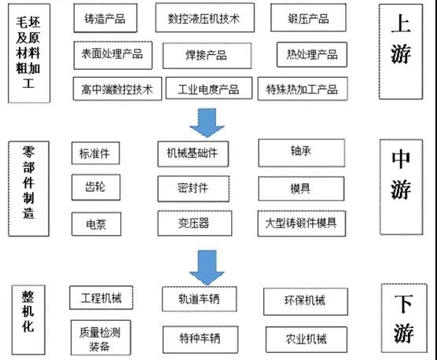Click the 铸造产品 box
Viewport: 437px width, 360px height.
coord(105,18)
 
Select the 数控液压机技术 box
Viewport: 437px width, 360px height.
coord(205,17)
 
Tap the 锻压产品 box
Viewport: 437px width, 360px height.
coord(309,17)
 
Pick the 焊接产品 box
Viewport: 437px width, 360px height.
coord(207,56)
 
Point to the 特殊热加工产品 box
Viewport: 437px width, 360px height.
coord(303,89)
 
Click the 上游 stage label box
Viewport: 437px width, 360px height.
coord(401,52)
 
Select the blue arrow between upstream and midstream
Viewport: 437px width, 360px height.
coord(207,123)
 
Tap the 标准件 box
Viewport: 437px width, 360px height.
coord(96,153)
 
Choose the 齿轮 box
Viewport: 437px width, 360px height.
coord(96,187)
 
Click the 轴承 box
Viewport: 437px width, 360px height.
coord(302,153)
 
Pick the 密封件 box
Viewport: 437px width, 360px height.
coord(193,189)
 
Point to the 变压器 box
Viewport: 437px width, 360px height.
coord(195,223)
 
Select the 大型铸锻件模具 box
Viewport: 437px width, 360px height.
coord(302,223)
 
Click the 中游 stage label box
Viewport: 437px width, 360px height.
coord(401,187)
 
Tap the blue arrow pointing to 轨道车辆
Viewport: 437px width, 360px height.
coord(207,267)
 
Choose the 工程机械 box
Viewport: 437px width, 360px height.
coord(101,298)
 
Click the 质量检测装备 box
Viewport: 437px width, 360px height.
coord(101,338)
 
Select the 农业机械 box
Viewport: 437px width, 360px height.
coord(307,340)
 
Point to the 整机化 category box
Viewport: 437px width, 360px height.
coord(28,320)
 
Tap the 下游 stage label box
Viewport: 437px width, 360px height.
coord(404,318)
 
